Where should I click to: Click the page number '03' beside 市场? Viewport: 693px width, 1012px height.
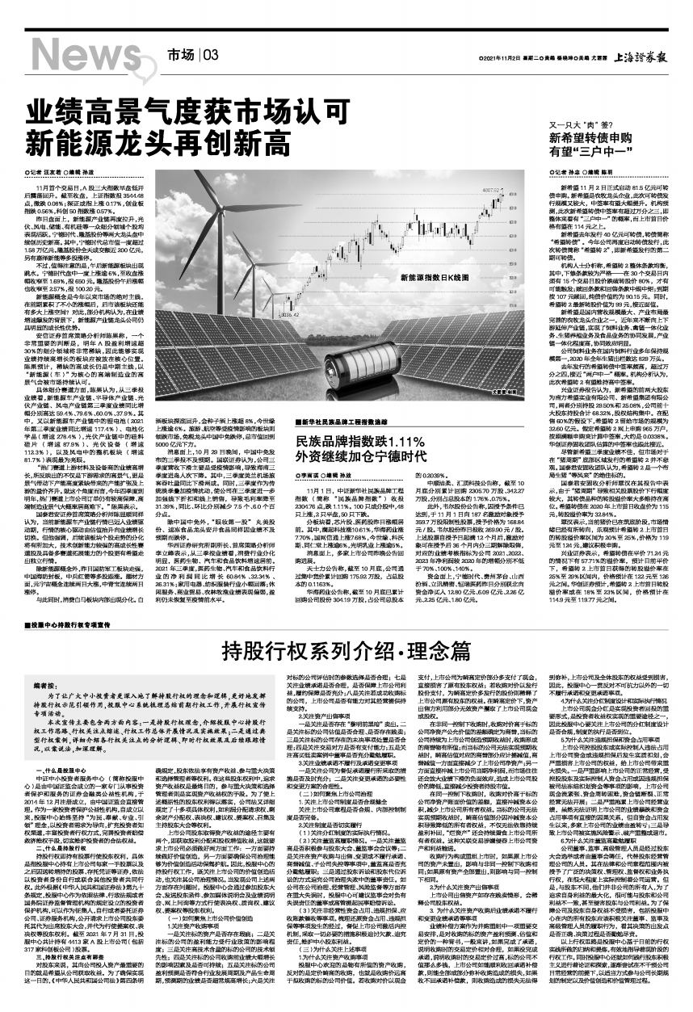click(x=212, y=55)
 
